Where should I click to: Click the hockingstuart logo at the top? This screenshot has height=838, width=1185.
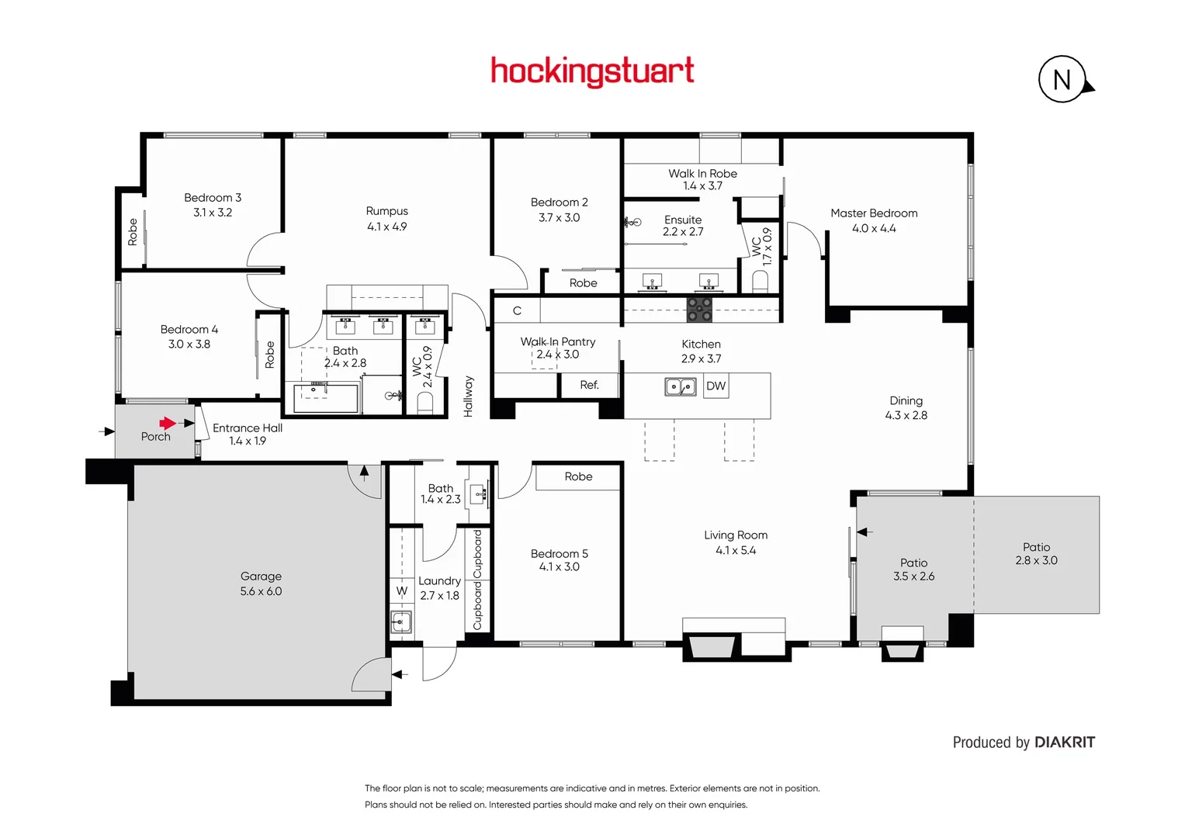point(592,71)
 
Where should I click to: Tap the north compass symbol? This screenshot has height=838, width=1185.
point(1062,79)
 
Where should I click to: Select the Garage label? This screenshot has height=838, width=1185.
point(261,577)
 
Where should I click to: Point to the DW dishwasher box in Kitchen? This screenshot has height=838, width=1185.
point(716,386)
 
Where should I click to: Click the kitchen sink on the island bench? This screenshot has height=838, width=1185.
point(681,386)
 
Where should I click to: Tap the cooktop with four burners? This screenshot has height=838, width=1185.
point(699,310)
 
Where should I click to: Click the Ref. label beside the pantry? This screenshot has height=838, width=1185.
point(589,385)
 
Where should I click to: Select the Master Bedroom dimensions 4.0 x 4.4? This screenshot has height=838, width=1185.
point(874,229)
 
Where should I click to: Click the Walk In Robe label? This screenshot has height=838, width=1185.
point(702,174)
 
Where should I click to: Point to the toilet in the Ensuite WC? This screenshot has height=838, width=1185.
point(761,280)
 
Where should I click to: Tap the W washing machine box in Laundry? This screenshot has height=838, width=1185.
point(402,591)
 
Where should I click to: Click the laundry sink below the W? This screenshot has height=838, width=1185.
point(401,622)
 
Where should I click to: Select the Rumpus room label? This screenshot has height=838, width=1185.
point(386,211)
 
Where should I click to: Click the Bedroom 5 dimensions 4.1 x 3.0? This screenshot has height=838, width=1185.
point(559,567)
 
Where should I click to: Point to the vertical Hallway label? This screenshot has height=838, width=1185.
point(468,396)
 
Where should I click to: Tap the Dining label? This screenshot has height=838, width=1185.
point(906,400)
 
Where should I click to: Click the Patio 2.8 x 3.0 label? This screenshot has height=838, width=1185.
point(1036,554)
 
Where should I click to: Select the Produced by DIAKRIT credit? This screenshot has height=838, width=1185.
point(1024,743)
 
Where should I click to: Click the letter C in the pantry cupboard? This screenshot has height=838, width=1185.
point(517,310)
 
